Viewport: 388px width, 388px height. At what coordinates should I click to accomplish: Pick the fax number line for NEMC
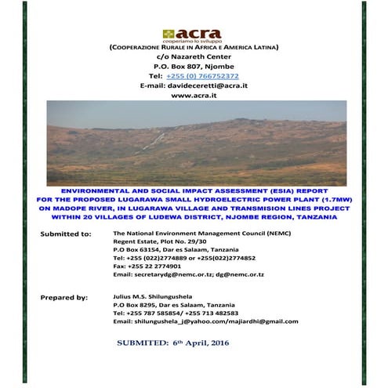(148, 266)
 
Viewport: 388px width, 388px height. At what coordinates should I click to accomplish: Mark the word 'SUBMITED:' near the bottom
(144, 343)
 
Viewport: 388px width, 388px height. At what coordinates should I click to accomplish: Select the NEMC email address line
(188, 274)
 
